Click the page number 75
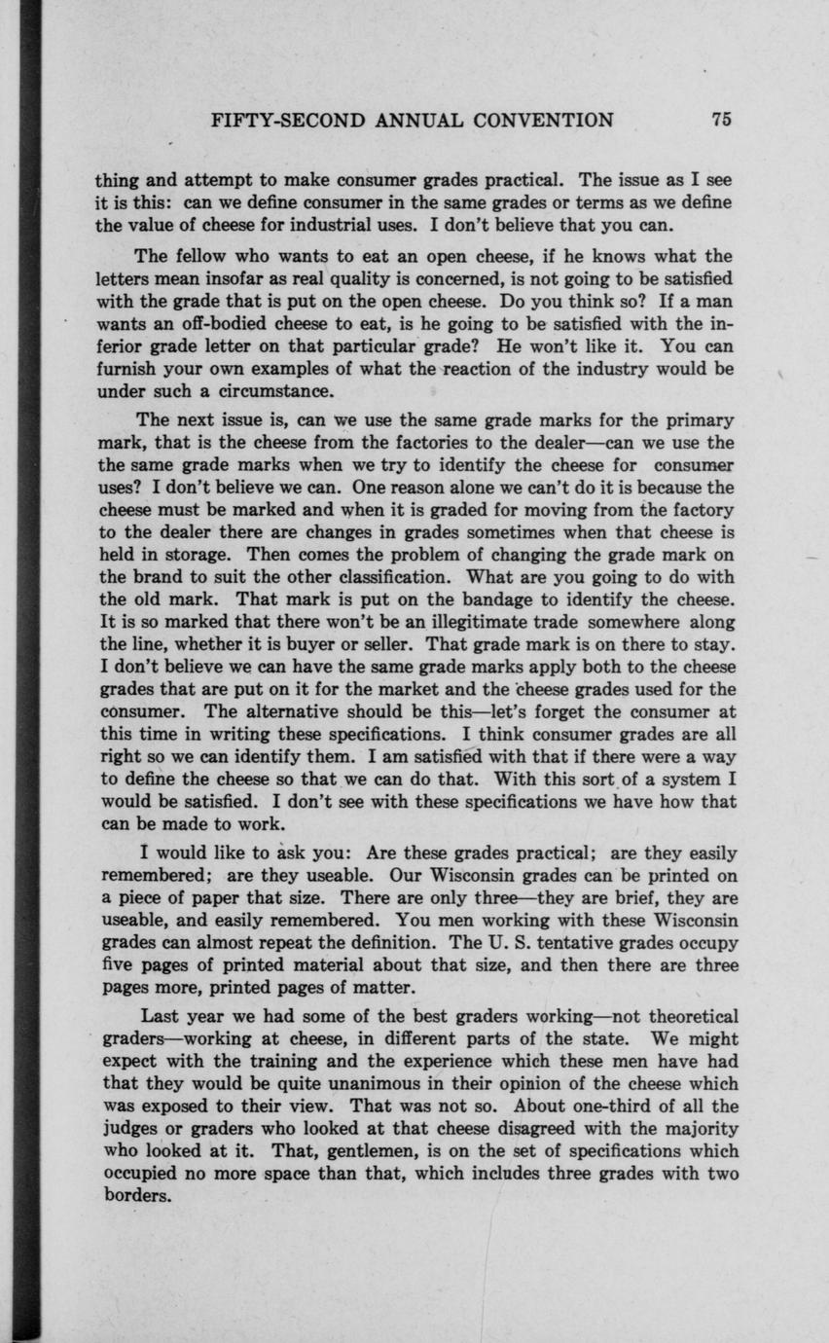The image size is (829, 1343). (x=720, y=121)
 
